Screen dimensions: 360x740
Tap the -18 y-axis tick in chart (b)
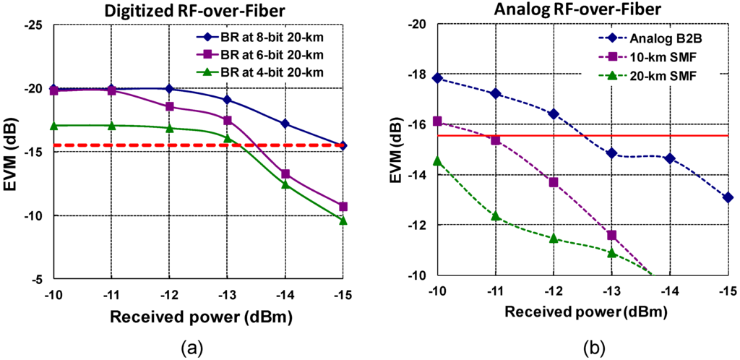pyautogui.click(x=418, y=74)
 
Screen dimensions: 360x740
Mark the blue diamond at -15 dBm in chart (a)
pyautogui.click(x=343, y=146)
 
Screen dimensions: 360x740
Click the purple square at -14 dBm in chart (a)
pyautogui.click(x=285, y=174)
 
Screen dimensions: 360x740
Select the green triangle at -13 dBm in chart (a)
pyautogui.click(x=227, y=138)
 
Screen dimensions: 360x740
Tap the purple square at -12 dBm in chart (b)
pyautogui.click(x=554, y=182)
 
